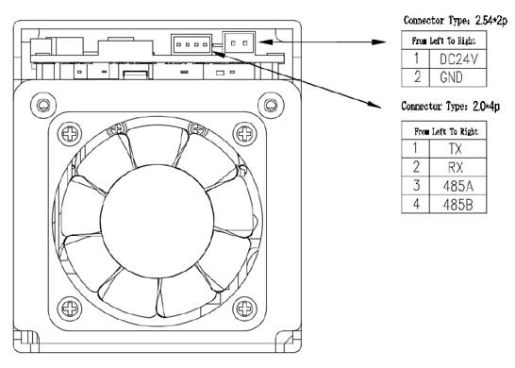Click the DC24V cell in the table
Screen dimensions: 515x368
pos(457,59)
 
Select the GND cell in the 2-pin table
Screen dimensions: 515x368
pos(457,77)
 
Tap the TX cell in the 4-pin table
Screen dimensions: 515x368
pos(457,149)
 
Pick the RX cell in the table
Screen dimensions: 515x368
pos(457,167)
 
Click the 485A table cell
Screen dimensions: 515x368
pos(457,186)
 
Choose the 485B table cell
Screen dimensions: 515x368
pos(457,205)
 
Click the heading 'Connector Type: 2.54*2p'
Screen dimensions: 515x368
pos(456,21)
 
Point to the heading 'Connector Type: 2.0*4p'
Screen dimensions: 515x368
pos(450,106)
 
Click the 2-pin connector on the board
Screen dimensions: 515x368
pos(239,42)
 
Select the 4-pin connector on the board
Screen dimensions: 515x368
pos(191,43)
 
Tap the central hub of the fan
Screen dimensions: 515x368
pos(157,222)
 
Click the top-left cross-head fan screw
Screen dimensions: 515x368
pos(70,134)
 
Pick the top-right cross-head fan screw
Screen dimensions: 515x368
pos(244,134)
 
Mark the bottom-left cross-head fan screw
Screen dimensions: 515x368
pos(70,309)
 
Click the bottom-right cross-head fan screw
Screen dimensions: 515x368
pos(244,309)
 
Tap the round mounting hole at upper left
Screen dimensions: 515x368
pos(43,106)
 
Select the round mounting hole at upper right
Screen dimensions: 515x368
pos(271,106)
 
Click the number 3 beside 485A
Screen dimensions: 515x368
pos(416,186)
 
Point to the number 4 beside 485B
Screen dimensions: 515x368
pos(416,204)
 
